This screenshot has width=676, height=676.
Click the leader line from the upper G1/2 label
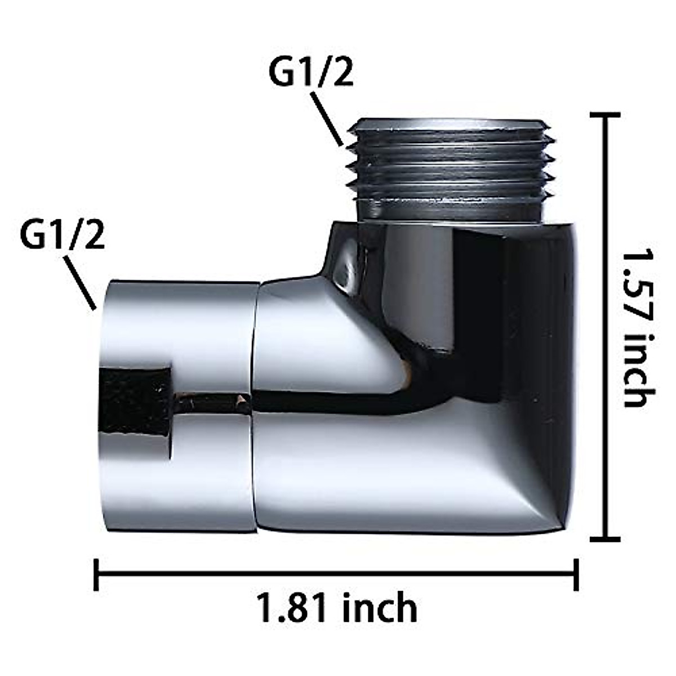(x=327, y=118)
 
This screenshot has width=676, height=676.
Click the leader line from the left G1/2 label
(x=79, y=283)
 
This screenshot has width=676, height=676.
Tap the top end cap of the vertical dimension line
(x=605, y=115)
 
